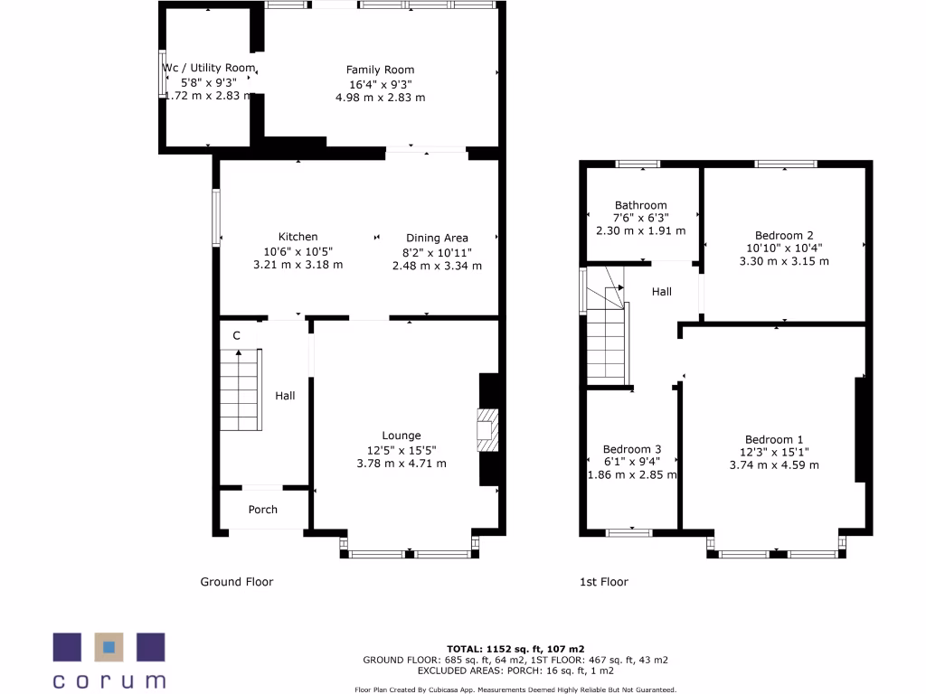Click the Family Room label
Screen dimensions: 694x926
tap(380, 70)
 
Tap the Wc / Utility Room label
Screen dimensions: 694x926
tap(209, 68)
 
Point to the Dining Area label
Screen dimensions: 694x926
tap(437, 239)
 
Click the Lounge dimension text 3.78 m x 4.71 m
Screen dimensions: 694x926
tap(401, 464)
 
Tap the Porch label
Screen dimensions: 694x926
tap(263, 510)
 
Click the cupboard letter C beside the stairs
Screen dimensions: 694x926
tap(236, 336)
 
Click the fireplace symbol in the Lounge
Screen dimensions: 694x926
tap(486, 430)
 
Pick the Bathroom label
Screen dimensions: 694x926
tap(640, 205)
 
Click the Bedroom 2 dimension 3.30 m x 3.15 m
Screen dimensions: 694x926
tap(784, 261)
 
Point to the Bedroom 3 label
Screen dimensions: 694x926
tap(632, 449)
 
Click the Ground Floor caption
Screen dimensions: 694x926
tap(236, 582)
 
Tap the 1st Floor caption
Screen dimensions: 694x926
tap(603, 582)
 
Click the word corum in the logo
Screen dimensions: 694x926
tap(109, 680)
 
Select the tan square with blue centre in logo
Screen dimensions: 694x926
tap(109, 647)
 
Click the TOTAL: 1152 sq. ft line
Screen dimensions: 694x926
tap(515, 649)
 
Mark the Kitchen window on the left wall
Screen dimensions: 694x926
tap(215, 217)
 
